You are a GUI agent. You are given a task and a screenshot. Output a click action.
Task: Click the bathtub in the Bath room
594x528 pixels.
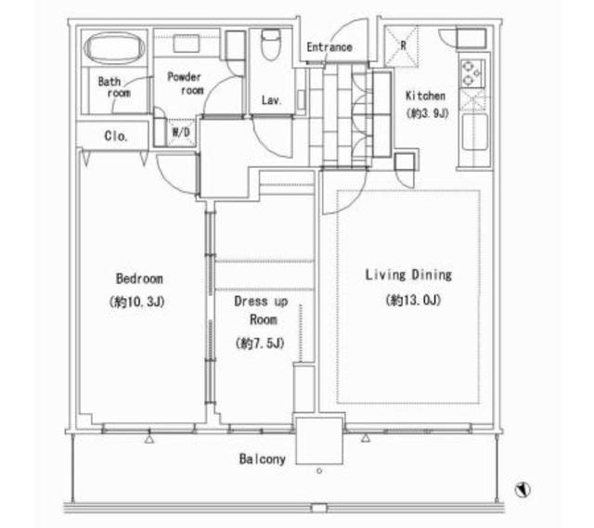(x=114, y=47)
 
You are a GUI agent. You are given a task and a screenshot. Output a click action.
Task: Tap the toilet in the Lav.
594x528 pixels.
(x=271, y=45)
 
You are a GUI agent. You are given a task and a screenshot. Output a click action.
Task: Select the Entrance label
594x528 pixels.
(x=329, y=47)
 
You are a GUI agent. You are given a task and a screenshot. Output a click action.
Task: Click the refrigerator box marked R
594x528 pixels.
(x=402, y=45)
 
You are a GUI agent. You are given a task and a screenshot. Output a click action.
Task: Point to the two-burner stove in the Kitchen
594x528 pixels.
(x=472, y=72)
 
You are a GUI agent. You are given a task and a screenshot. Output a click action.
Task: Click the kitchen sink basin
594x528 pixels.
(x=474, y=132)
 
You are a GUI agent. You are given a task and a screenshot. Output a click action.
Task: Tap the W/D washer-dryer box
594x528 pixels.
(x=181, y=133)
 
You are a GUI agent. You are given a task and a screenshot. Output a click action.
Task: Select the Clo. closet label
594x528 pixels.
(x=116, y=136)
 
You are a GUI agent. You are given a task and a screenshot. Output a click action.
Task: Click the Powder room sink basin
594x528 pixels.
(x=187, y=44)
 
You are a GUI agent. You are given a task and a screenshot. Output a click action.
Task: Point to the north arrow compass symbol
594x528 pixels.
(x=523, y=489)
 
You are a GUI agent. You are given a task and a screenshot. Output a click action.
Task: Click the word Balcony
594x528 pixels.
(x=262, y=459)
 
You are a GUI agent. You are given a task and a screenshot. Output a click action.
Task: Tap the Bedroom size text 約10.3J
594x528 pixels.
(x=136, y=303)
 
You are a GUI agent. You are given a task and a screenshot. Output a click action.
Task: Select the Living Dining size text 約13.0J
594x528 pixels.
(x=413, y=301)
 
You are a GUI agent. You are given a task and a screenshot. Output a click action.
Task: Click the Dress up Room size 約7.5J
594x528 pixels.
(x=260, y=343)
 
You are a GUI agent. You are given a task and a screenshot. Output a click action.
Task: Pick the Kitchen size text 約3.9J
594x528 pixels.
(x=427, y=113)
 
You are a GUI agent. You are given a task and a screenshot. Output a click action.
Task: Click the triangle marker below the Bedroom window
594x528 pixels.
(x=149, y=439)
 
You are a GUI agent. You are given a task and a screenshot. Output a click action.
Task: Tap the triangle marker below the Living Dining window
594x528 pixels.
(x=365, y=438)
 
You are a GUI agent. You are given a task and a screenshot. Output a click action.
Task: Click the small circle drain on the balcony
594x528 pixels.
(x=319, y=470)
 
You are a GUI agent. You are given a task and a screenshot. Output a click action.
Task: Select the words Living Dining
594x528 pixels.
(x=408, y=275)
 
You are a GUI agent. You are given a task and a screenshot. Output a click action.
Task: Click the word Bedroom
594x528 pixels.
(x=139, y=278)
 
